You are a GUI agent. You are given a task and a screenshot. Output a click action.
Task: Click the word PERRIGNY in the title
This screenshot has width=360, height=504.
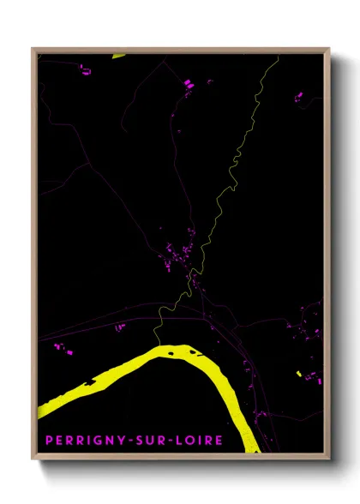(83, 441)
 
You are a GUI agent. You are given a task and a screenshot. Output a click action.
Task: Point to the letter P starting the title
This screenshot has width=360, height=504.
(49, 441)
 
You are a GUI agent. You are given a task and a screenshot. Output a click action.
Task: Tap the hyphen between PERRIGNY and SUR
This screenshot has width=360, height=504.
(127, 441)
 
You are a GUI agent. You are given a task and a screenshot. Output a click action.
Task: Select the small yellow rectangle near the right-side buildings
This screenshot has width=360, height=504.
(297, 374)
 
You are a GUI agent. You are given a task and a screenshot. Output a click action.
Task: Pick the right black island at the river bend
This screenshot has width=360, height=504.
(188, 350)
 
